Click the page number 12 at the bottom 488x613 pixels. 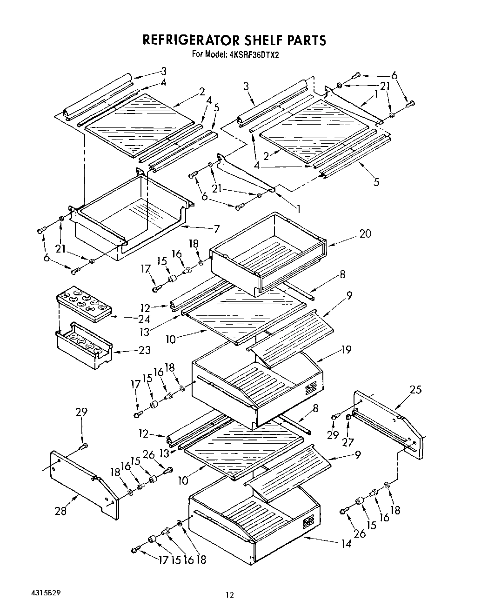click(229, 594)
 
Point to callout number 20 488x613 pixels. click(365, 233)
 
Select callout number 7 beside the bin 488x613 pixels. click(217, 229)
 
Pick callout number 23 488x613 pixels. click(144, 350)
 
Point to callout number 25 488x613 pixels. click(415, 389)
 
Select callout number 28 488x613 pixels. click(60, 511)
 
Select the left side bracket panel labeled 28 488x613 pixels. click(84, 484)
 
